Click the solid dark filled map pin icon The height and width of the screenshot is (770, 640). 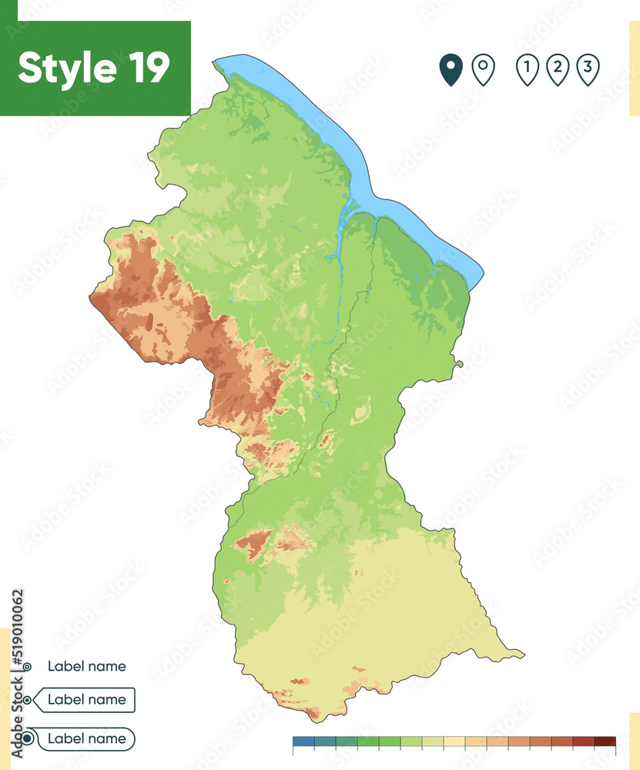[450, 69]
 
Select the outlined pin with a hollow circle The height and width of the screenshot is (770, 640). [483, 69]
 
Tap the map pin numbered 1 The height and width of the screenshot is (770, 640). [527, 69]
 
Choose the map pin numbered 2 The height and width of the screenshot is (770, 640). [558, 69]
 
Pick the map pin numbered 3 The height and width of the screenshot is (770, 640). [588, 69]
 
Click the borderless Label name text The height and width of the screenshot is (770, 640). [86, 666]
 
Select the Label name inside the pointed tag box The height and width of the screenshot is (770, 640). [86, 700]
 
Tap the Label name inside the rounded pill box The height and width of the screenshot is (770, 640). [86, 738]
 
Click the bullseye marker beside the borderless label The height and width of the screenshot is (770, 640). [27, 667]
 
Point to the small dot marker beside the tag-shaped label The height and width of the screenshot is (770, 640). [28, 700]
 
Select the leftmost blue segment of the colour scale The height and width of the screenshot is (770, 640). [303, 742]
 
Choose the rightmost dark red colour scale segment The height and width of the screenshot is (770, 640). [605, 742]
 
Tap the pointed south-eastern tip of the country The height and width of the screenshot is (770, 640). [522, 655]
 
